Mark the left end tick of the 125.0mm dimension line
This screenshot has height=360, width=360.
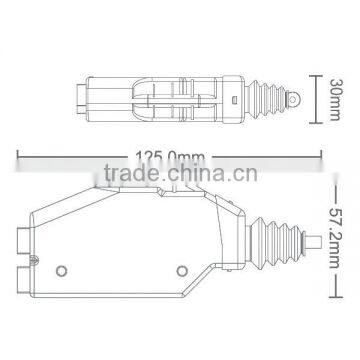click(19, 156)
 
